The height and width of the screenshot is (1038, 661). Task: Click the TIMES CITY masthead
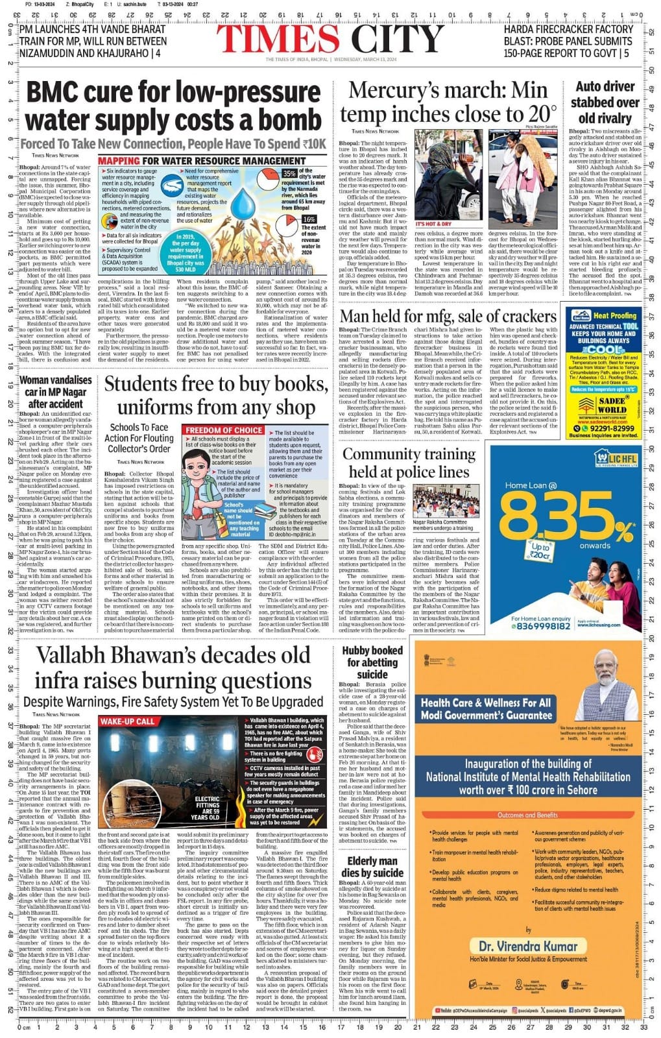(x=330, y=40)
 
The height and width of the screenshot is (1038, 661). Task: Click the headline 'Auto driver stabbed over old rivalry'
(x=605, y=103)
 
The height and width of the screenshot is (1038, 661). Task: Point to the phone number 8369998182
(x=542, y=626)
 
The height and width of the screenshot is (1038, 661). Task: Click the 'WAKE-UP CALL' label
(x=128, y=721)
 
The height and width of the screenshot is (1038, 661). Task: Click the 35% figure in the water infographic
(x=289, y=174)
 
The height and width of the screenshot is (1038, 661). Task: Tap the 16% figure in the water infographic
(x=309, y=219)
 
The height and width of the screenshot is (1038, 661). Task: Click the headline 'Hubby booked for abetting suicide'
(x=372, y=662)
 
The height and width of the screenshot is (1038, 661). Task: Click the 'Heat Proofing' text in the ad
(x=614, y=315)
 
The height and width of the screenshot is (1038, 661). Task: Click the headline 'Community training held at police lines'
(x=409, y=463)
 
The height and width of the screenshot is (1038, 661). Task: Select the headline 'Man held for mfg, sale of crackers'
(x=448, y=317)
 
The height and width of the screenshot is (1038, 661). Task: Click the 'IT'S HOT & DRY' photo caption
(x=434, y=224)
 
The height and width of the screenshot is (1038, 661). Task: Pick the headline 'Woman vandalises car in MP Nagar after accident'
(x=56, y=391)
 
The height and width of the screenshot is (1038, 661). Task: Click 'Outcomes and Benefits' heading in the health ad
(x=527, y=815)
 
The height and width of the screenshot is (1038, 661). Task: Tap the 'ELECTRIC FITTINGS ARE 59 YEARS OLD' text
(x=207, y=808)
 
